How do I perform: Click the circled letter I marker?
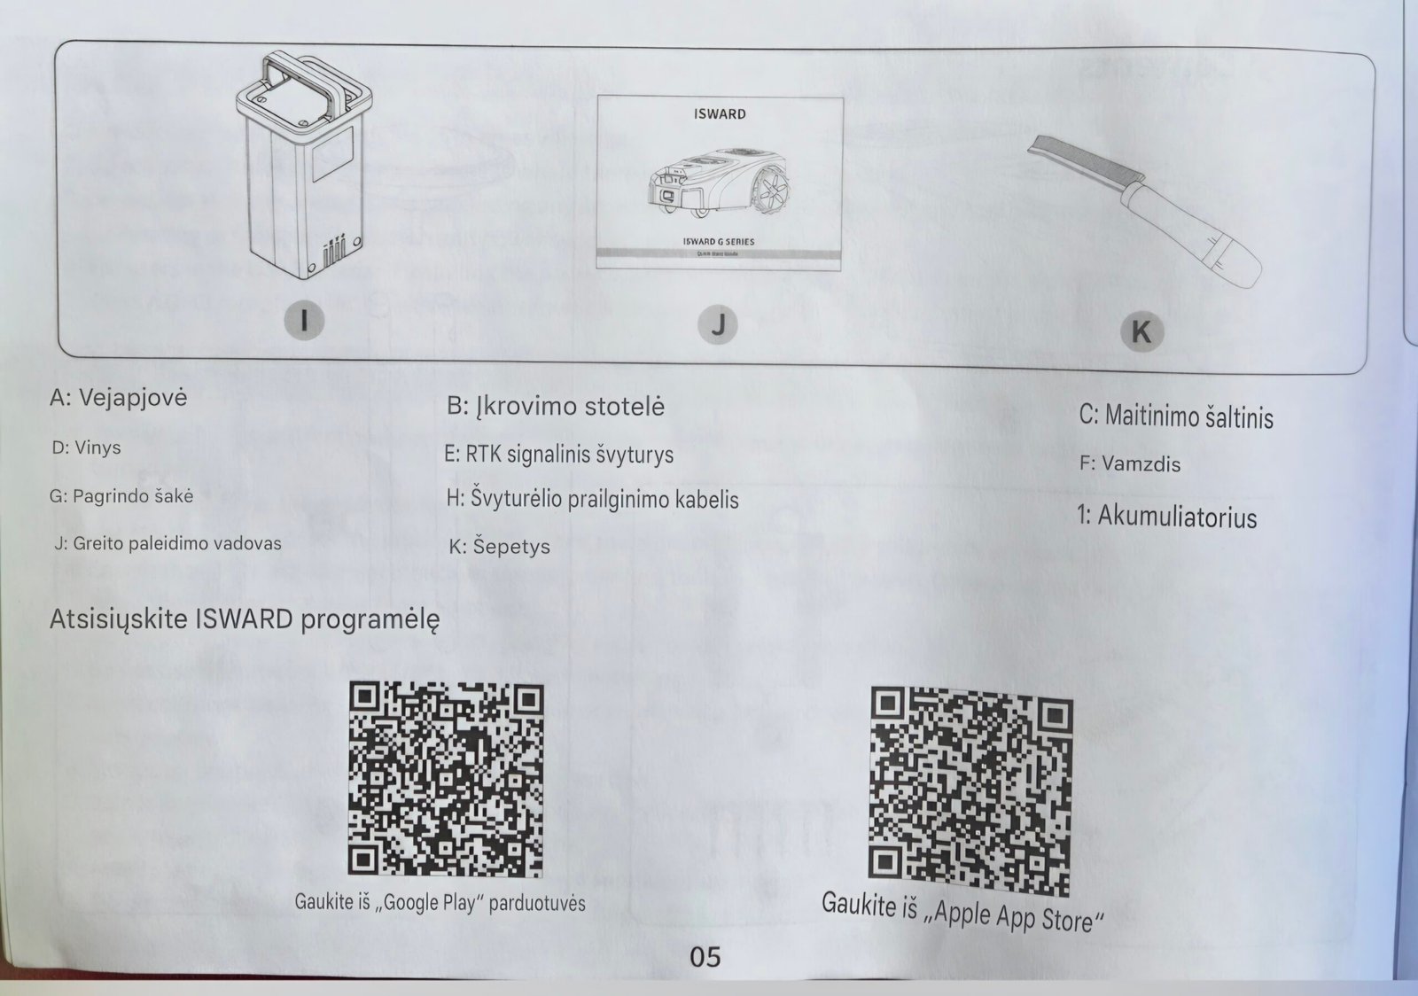click(x=304, y=320)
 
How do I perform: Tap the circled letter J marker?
click(x=717, y=324)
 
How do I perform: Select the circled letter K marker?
click(x=1141, y=331)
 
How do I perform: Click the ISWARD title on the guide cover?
click(x=720, y=114)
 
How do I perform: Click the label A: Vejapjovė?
click(x=119, y=399)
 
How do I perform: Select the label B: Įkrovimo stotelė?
click(x=555, y=406)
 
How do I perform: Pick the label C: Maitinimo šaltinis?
click(x=1175, y=416)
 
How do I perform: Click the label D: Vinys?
click(x=86, y=448)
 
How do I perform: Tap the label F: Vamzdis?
click(x=1130, y=463)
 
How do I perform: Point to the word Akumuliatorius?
click(x=1177, y=517)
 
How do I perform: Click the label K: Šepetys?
click(x=500, y=547)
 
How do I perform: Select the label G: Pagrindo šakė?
click(x=121, y=496)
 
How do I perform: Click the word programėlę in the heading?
click(x=370, y=619)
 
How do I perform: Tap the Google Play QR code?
click(x=446, y=780)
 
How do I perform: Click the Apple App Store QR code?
click(x=970, y=791)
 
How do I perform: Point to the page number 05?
click(x=705, y=957)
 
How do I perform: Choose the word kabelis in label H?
click(x=707, y=500)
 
